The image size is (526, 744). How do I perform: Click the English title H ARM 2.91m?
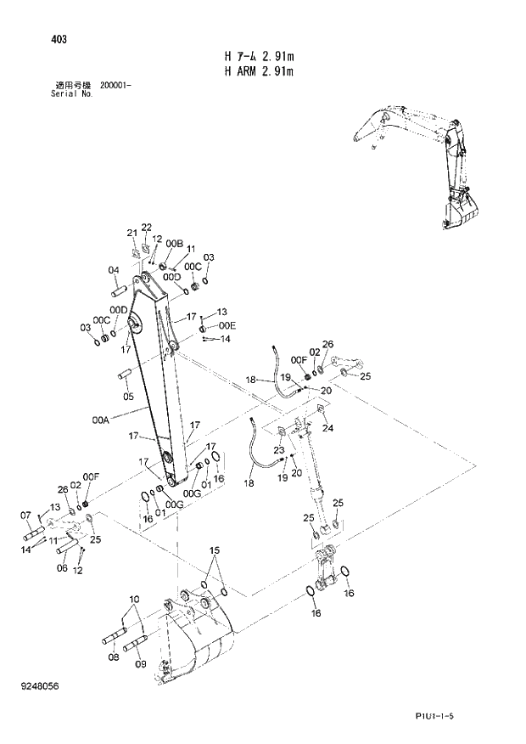(x=258, y=71)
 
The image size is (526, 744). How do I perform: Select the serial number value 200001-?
(x=115, y=85)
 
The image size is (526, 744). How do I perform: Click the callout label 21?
(x=131, y=233)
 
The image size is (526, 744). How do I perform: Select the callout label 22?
(x=146, y=227)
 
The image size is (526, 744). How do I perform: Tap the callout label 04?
(x=113, y=271)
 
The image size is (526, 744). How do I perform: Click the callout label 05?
(x=128, y=396)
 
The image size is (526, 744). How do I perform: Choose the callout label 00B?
(x=175, y=244)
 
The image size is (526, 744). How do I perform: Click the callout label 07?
(x=25, y=515)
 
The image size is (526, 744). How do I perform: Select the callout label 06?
(x=61, y=568)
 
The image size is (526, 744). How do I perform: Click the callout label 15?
(x=215, y=550)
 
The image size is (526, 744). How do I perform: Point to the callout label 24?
(x=327, y=428)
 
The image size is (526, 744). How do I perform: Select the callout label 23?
(x=278, y=450)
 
